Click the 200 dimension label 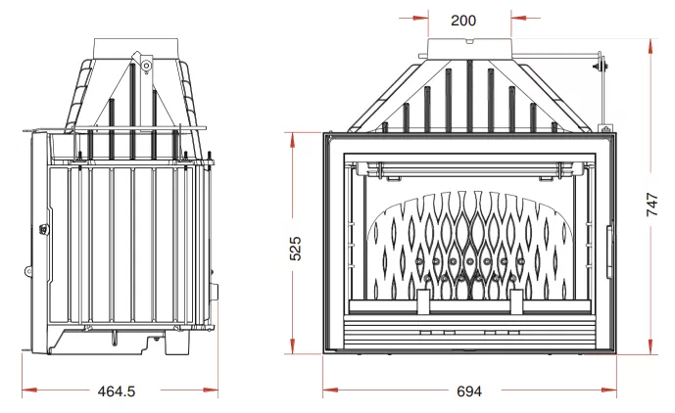click(x=463, y=21)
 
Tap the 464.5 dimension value click(x=117, y=391)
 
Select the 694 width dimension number click(x=469, y=391)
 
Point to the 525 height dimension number click(x=295, y=249)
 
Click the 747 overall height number click(x=652, y=205)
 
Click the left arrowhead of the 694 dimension click(x=330, y=390)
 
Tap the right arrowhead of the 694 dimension click(x=609, y=390)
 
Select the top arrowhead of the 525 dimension click(x=293, y=140)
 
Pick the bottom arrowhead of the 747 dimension click(x=652, y=346)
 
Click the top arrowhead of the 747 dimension click(x=652, y=46)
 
